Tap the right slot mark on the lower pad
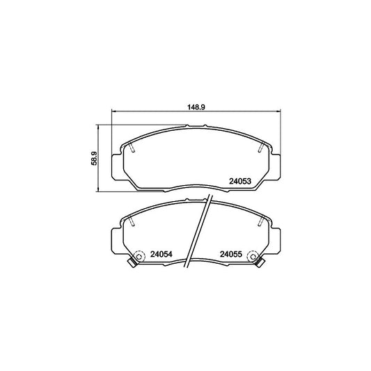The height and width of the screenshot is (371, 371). tap(260, 223)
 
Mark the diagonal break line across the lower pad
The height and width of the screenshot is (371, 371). tap(200, 230)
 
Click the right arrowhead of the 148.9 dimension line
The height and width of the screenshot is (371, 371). tap(278, 113)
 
